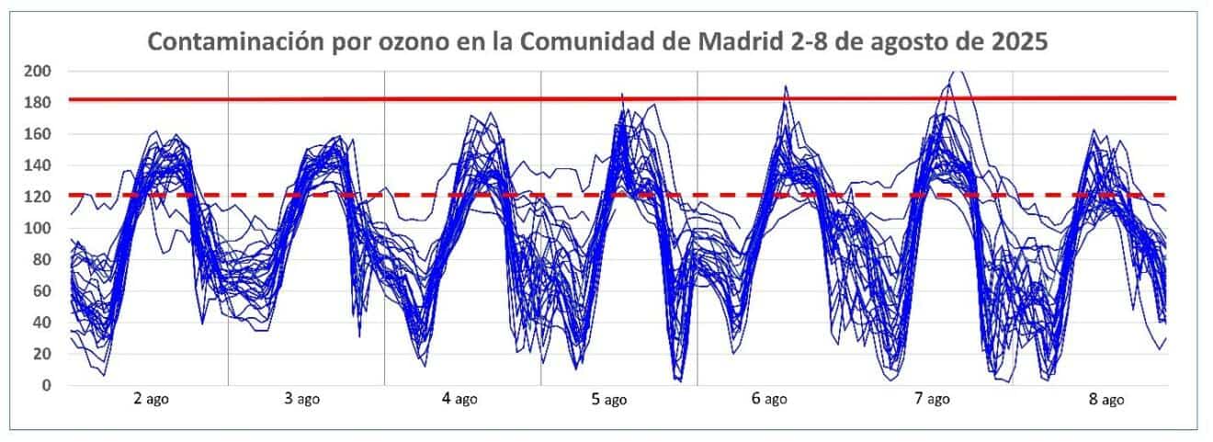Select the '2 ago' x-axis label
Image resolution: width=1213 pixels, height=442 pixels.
click(151, 399)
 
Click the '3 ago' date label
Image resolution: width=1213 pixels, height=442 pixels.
click(302, 399)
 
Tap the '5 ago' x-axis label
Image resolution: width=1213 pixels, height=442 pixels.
click(607, 399)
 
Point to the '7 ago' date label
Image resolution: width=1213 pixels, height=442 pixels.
click(932, 399)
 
